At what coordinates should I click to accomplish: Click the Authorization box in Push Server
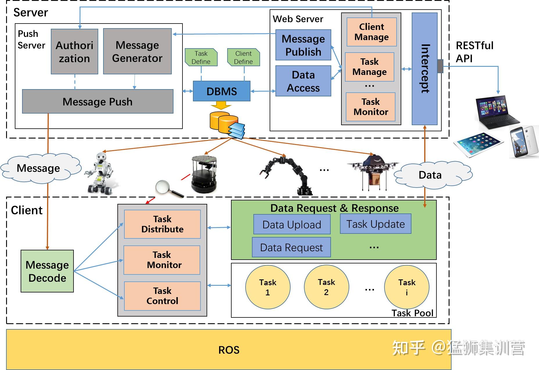[x=74, y=51]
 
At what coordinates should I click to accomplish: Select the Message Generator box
[x=137, y=51]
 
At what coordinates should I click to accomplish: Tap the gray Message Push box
[x=98, y=101]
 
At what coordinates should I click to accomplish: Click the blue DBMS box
[x=222, y=91]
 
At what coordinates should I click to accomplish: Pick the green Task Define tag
[x=201, y=57]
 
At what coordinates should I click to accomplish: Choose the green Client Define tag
[x=243, y=57]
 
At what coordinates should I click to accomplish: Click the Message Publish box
[x=303, y=45]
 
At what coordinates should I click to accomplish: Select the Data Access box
[x=303, y=81]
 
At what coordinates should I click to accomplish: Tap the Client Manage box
[x=372, y=32]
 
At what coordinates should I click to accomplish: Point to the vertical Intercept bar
[x=425, y=69]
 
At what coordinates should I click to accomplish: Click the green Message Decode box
[x=47, y=271]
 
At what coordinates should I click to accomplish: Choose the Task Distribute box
[x=162, y=224]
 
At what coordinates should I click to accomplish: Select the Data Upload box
[x=292, y=224]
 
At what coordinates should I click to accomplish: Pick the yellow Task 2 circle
[x=327, y=287]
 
